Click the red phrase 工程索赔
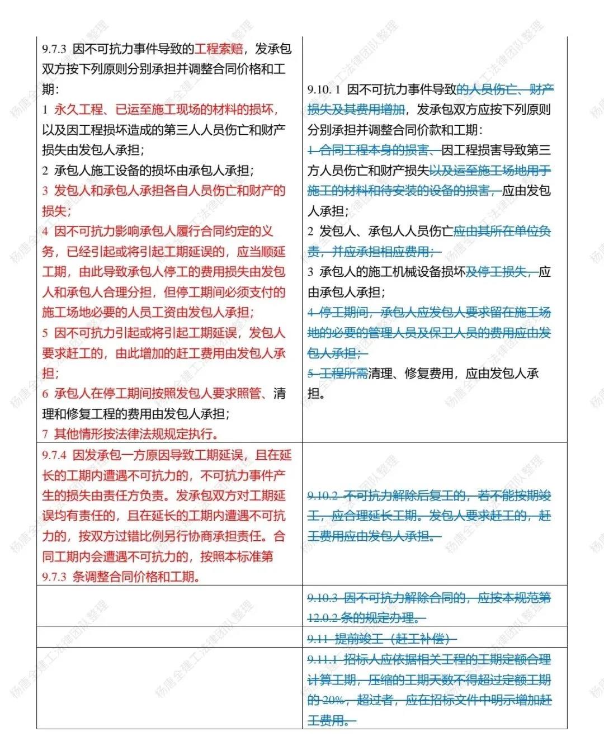point(219,49)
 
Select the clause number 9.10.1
point(324,90)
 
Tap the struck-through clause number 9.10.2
point(323,496)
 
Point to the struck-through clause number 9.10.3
point(323,598)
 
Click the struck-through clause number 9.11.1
point(323,660)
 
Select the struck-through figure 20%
point(333,700)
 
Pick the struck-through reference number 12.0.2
point(323,619)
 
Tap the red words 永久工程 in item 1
point(78,110)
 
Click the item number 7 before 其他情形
point(45,434)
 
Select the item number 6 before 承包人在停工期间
point(45,394)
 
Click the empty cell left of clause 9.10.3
point(169,606)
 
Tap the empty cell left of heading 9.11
point(169,637)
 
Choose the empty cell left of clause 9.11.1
point(169,688)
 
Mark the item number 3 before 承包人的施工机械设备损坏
point(311,272)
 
